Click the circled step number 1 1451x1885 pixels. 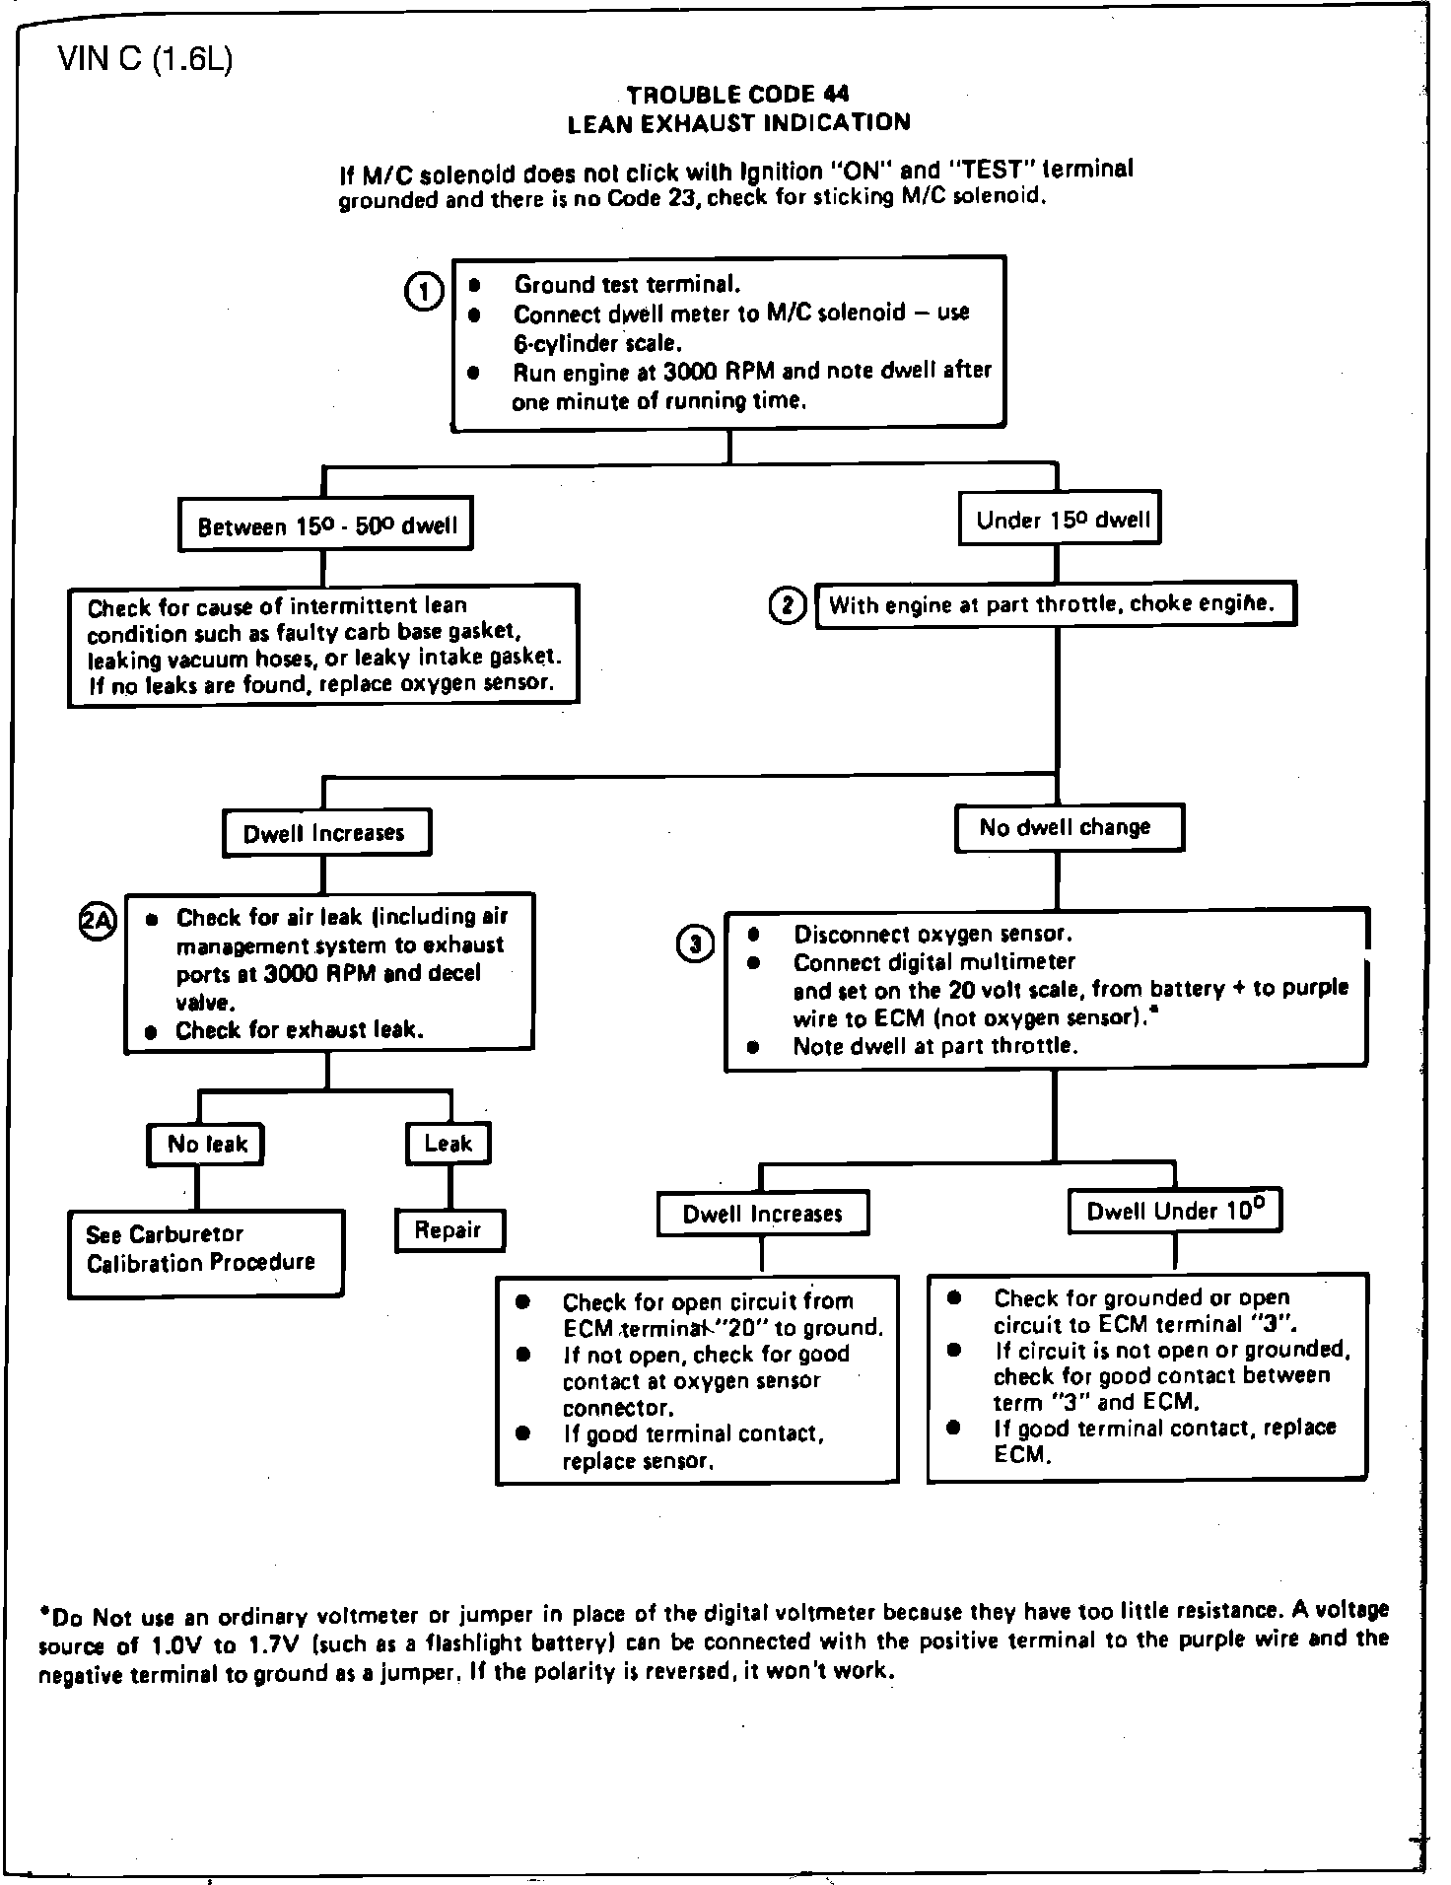[x=424, y=293]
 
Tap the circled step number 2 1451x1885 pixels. [x=787, y=605]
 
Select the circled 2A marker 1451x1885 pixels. [x=97, y=920]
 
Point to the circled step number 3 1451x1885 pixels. [x=695, y=944]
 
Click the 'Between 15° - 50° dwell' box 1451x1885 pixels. [x=325, y=525]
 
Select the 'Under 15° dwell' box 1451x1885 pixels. [x=1061, y=520]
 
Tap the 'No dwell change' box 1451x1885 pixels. [x=1068, y=828]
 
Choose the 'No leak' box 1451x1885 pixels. [x=206, y=1144]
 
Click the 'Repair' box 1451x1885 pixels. [x=449, y=1229]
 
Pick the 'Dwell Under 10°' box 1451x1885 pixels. [x=1174, y=1212]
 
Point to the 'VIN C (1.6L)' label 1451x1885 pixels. [x=145, y=61]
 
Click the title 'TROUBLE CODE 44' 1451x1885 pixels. [x=737, y=95]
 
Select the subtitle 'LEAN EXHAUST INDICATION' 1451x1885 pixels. [x=738, y=123]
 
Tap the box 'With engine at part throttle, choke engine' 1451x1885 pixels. [x=1055, y=604]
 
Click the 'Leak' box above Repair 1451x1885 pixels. [x=449, y=1144]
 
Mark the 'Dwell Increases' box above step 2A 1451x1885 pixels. [x=326, y=833]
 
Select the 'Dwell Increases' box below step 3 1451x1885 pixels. [x=763, y=1214]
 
